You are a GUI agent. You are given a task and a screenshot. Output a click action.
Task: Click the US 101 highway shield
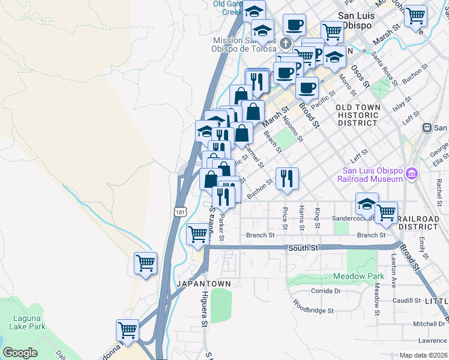point(180,212)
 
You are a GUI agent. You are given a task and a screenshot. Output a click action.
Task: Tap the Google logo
point(20,353)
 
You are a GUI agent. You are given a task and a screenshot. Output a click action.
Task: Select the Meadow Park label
point(358,277)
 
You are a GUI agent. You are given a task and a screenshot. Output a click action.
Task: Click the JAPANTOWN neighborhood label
point(195,283)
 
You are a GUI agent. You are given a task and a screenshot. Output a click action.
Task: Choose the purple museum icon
point(411,174)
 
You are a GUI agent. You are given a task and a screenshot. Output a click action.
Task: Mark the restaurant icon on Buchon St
point(287,178)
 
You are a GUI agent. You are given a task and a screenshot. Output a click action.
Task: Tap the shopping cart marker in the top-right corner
point(415,16)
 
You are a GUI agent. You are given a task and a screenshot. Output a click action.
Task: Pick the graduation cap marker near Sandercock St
point(367,205)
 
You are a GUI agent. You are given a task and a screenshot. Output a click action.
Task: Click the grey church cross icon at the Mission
point(285,43)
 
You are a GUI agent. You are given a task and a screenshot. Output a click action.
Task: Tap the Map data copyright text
point(423,355)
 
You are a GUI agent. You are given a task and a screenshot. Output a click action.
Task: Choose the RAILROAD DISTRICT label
point(418,223)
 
